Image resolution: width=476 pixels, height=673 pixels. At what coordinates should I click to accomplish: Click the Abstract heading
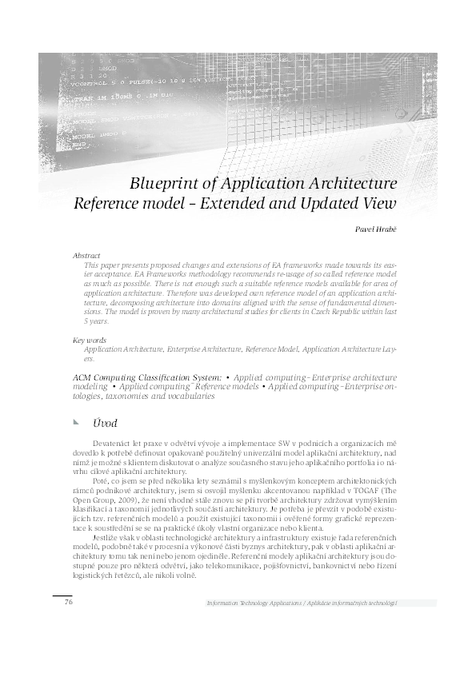pos(86,256)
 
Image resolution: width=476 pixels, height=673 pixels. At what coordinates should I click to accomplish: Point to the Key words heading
pos(89,340)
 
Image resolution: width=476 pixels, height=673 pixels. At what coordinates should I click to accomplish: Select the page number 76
pos(69,601)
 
